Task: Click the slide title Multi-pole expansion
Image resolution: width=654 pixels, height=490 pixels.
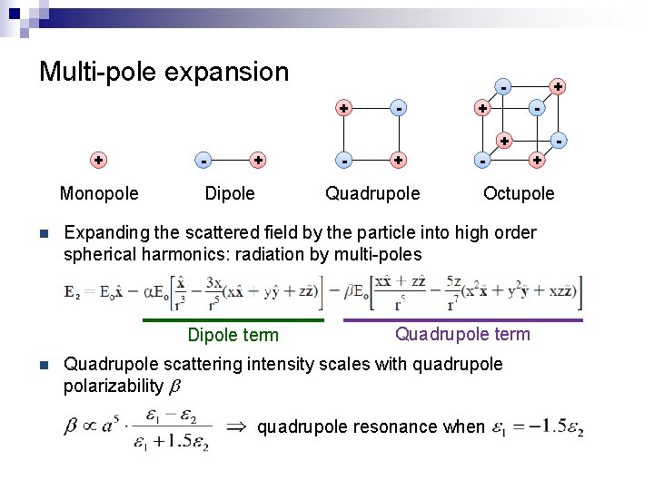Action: point(163,71)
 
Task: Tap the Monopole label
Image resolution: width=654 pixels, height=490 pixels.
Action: point(99,193)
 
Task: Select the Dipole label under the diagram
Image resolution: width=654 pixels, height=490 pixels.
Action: point(230,193)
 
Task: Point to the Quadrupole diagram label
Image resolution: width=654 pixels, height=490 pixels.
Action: point(372,193)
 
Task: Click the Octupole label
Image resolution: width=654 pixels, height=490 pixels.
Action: point(519,193)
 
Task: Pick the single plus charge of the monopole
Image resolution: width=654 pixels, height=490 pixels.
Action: point(98,160)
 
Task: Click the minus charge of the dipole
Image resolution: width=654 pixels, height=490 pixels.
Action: point(203,161)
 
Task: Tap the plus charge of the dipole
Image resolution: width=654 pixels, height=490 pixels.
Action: point(259,161)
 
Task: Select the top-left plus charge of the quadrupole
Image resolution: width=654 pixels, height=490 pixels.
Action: point(343,107)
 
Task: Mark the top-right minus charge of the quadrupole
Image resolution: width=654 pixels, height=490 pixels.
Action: point(398,107)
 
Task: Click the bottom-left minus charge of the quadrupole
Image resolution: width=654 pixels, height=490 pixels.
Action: point(343,161)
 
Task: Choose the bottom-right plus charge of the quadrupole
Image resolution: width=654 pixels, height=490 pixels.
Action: point(398,161)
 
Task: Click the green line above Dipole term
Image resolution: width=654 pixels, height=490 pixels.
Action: point(233,320)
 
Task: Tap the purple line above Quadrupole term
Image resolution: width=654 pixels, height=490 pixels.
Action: point(463,319)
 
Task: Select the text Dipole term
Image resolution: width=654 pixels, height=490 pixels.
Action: point(233,336)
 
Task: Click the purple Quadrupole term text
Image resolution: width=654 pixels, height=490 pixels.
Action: point(462,334)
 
